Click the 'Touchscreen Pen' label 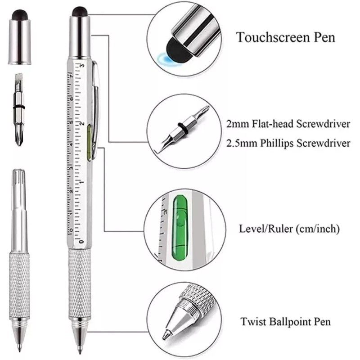[x=286, y=37]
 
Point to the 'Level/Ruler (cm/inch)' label [x=289, y=229]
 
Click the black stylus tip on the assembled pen [x=80, y=11]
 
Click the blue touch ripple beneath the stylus [x=163, y=58]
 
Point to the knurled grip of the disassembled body [x=19, y=283]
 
